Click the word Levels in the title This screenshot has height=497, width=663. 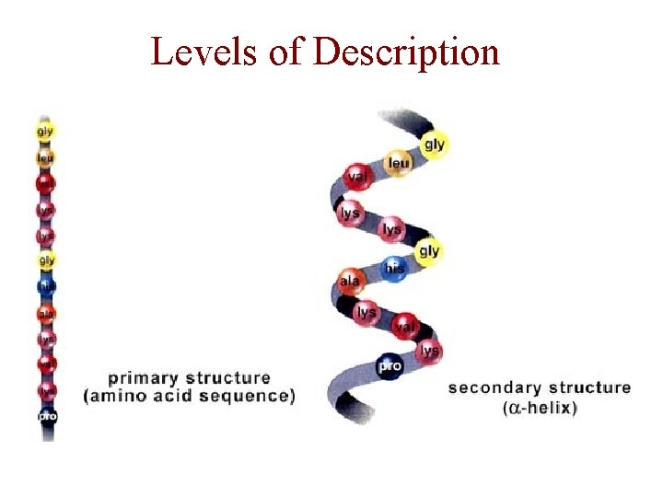pos(205,52)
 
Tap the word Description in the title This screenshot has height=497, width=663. pos(406,52)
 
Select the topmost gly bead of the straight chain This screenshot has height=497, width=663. pos(45,132)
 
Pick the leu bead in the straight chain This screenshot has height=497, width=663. pos(45,157)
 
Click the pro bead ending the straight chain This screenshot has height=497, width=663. pos(46,417)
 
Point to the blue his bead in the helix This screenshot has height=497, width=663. pos(394,268)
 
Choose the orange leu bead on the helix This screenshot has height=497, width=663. pos(399,164)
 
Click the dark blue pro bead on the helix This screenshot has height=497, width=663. pos(390,365)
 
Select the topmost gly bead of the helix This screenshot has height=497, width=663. pos(434,144)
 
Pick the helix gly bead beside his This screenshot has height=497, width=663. pos(428,251)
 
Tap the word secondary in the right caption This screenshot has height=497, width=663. pos(497,387)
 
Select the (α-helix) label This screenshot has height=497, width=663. pos(541,408)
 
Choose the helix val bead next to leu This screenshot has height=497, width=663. pos(357,176)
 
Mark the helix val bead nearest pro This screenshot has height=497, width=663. pos(404,325)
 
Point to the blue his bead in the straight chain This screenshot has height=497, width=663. pos(46,286)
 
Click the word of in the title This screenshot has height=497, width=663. pos(285,52)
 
